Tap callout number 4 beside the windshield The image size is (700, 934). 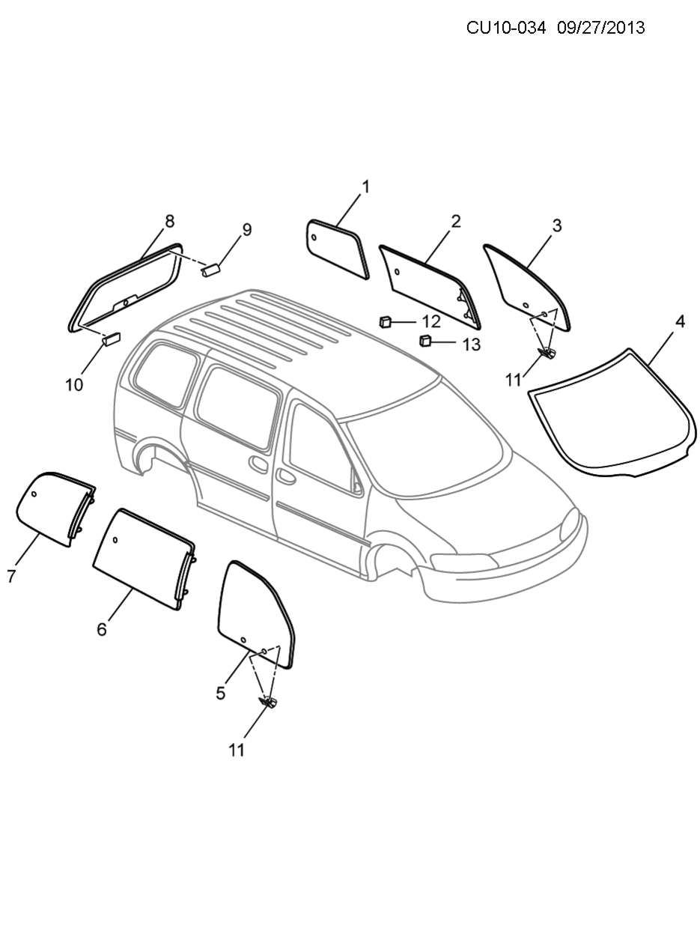[x=680, y=321]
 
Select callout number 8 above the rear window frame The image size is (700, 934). [x=170, y=221]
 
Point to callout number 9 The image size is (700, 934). [x=246, y=230]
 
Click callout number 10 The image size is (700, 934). [x=74, y=385]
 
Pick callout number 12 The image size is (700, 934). [x=431, y=322]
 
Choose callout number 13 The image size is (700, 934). [x=471, y=345]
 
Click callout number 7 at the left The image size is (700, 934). [x=11, y=576]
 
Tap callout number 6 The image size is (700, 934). [x=102, y=629]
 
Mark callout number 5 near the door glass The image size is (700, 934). [x=220, y=694]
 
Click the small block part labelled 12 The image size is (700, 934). [x=386, y=323]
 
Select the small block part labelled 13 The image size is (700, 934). [x=424, y=342]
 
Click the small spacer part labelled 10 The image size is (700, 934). [x=110, y=338]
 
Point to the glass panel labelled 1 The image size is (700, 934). [x=337, y=248]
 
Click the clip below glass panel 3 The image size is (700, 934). [x=547, y=351]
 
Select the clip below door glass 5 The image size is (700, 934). [x=268, y=702]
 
